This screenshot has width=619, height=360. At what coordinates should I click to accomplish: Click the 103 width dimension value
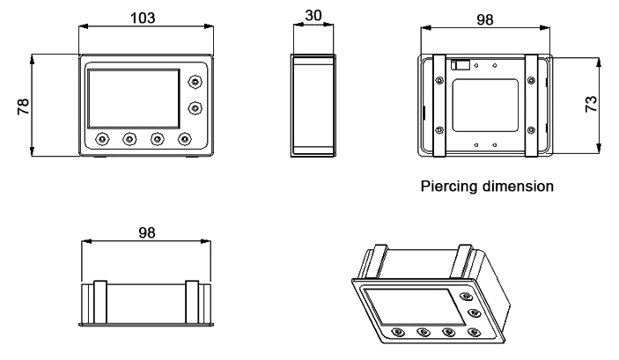[x=145, y=18]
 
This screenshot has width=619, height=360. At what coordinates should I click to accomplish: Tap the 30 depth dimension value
[x=313, y=17]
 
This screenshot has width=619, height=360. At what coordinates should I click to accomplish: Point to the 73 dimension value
[x=592, y=103]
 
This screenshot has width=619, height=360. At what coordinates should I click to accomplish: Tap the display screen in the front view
[x=131, y=97]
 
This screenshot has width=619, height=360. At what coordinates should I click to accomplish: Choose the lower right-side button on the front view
[x=194, y=107]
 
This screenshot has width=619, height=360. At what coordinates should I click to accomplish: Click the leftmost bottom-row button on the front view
[x=102, y=139]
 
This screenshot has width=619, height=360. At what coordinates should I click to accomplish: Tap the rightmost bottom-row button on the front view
[x=184, y=139]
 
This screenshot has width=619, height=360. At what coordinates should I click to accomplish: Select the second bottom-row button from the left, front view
[x=129, y=139]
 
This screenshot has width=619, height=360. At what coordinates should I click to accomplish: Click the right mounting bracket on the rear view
[x=531, y=106]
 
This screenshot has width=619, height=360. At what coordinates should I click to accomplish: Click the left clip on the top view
[x=99, y=301]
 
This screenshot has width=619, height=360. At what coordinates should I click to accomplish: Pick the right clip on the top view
[x=191, y=301]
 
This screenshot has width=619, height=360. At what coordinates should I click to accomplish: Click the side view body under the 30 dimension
[x=313, y=106]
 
